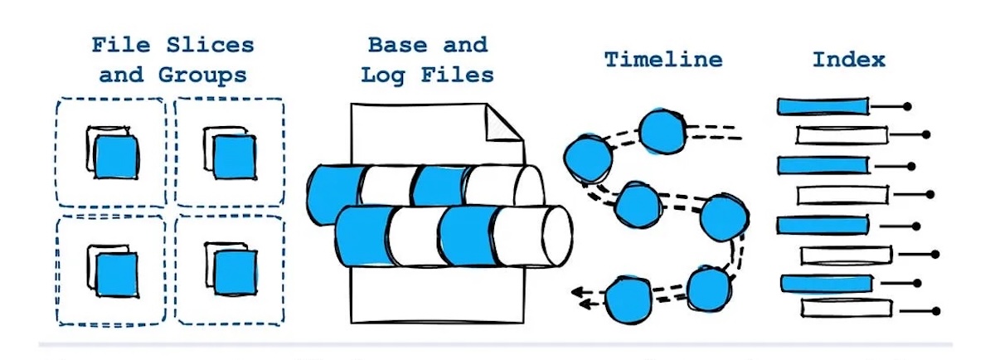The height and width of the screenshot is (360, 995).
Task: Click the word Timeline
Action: pos(663,60)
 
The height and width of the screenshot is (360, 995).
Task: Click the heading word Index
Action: pos(848,60)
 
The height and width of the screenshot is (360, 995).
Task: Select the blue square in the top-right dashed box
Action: pos(232,155)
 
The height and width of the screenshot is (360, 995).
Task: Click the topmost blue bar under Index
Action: pos(823,106)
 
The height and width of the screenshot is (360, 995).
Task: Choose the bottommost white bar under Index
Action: pos(847,307)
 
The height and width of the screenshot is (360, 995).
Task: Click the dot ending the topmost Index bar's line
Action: pos(907,106)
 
